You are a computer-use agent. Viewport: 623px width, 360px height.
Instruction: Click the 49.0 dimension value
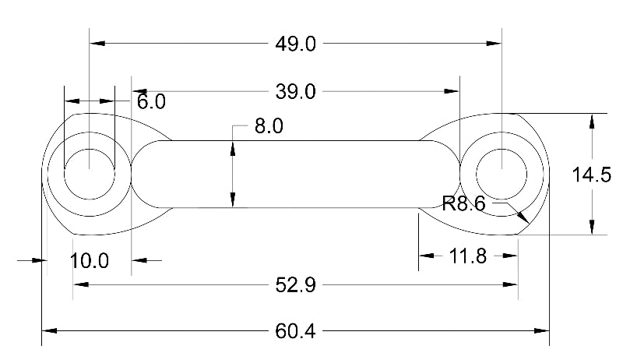click(x=295, y=44)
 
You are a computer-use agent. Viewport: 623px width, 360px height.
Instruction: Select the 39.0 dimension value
click(x=295, y=92)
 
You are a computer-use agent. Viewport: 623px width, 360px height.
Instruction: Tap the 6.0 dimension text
click(x=151, y=102)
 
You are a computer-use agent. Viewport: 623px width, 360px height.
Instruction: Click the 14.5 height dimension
click(x=591, y=175)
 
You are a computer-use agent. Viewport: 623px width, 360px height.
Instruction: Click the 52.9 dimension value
click(x=295, y=286)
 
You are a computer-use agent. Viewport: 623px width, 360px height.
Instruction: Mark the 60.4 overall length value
click(x=295, y=332)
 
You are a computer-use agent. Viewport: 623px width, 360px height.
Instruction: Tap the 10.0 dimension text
click(x=89, y=260)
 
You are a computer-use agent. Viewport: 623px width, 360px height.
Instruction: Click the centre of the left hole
click(x=90, y=172)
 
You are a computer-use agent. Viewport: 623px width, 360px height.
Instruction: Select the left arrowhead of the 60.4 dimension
click(x=49, y=332)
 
